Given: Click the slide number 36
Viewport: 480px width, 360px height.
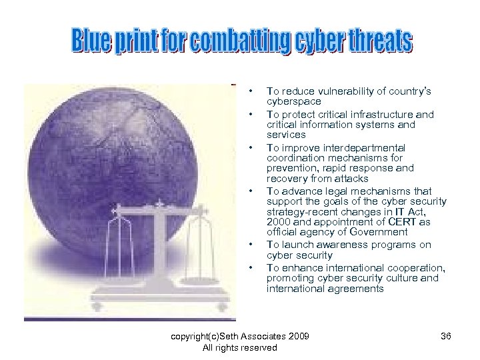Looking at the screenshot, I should tap(446, 335).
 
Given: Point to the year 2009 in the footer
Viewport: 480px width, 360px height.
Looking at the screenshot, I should tap(298, 335).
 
